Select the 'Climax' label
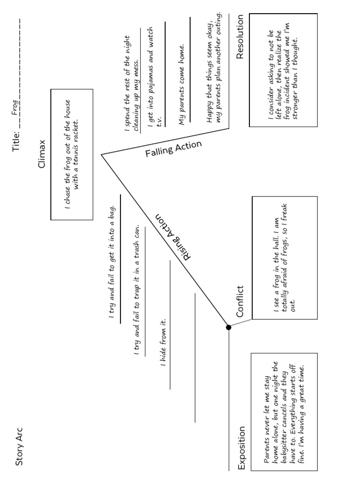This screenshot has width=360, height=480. (x=42, y=154)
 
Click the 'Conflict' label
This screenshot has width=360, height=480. (x=240, y=301)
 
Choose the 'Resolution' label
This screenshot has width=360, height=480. (x=240, y=37)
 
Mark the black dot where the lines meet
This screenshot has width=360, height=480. (x=229, y=327)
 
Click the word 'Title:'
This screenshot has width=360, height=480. (x=17, y=140)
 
